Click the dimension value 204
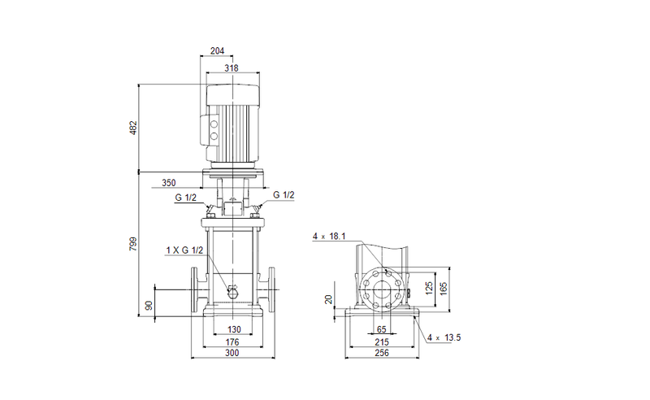point(217,51)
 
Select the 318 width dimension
point(232,68)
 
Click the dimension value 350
point(169,184)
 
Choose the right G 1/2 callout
point(284,195)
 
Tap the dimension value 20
point(328,299)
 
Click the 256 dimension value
point(381,354)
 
